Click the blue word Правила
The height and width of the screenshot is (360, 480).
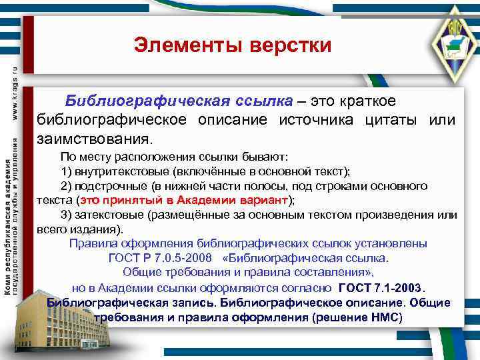click(x=91, y=243)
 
